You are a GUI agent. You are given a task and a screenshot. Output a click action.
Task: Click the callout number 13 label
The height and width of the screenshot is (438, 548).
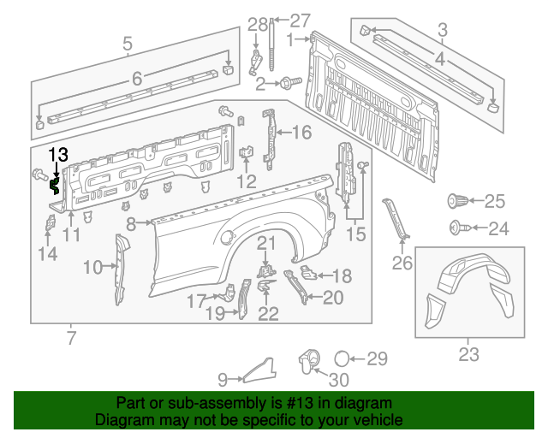pyautogui.click(x=57, y=154)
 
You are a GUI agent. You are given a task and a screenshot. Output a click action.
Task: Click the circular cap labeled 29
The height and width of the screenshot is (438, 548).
pyautogui.click(x=341, y=358)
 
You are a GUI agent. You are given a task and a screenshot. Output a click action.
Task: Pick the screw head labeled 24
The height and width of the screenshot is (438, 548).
pyautogui.click(x=456, y=228)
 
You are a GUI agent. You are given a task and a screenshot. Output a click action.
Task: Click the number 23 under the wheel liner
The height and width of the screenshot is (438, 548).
pyautogui.click(x=469, y=353)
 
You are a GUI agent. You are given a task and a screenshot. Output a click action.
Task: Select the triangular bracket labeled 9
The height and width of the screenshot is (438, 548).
pyautogui.click(x=259, y=370)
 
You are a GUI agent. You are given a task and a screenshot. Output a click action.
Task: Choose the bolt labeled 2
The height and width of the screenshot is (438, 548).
pyautogui.click(x=285, y=82)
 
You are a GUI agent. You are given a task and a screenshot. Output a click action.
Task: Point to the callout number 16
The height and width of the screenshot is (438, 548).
pyautogui.click(x=302, y=132)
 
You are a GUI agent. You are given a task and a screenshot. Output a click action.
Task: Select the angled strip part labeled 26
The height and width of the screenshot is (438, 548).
pyautogui.click(x=398, y=220)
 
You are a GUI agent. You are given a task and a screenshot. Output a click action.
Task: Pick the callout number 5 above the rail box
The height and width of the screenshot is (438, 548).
pyautogui.click(x=127, y=43)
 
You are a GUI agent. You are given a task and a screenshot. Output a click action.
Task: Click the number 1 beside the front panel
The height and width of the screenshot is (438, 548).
pyautogui.click(x=291, y=40)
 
